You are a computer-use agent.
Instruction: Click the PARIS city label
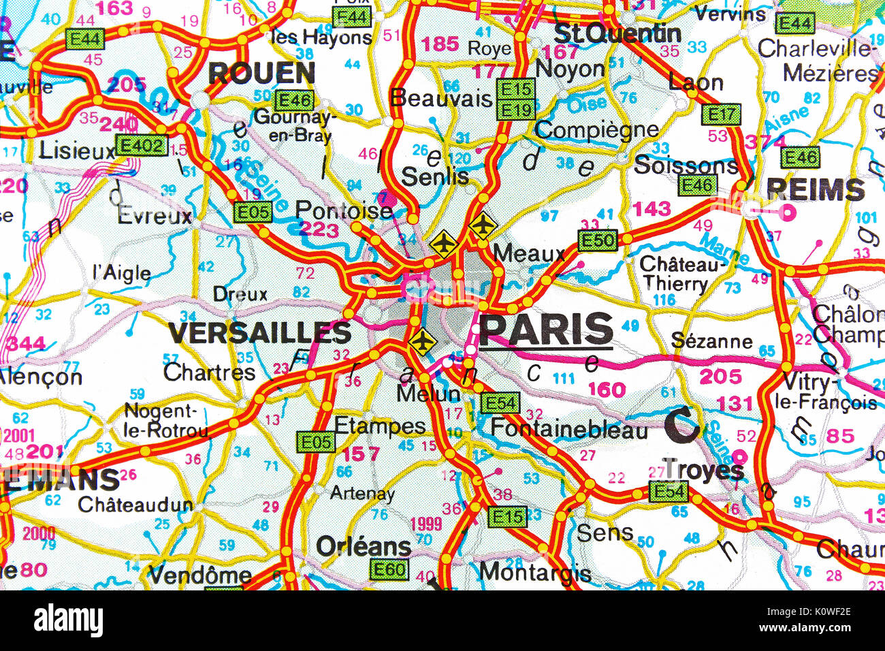tap(546, 330)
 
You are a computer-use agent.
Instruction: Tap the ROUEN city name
tap(261, 73)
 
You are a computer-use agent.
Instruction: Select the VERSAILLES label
tap(259, 332)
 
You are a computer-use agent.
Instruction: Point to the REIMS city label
tap(816, 189)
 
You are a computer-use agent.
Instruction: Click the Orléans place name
tap(364, 545)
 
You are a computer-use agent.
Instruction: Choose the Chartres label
tap(209, 372)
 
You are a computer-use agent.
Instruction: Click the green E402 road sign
tap(140, 145)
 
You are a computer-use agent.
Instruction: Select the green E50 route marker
tap(597, 240)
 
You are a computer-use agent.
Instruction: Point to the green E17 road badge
tap(720, 114)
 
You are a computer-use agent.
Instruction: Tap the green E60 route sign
tap(389, 569)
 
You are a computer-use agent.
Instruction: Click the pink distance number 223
tap(319, 229)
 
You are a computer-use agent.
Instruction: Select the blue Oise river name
tap(586, 104)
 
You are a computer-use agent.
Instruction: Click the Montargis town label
tap(535, 572)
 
